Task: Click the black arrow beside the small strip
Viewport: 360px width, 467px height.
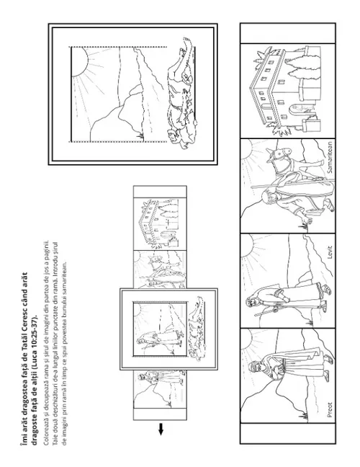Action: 161,429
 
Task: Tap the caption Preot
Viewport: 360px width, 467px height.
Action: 329,410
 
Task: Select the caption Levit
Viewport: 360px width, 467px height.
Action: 329,252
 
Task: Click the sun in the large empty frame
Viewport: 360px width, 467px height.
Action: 79,62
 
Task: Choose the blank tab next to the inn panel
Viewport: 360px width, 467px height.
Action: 288,33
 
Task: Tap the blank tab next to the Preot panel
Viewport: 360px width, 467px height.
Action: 288,432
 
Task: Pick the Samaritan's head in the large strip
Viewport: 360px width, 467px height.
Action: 267,196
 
